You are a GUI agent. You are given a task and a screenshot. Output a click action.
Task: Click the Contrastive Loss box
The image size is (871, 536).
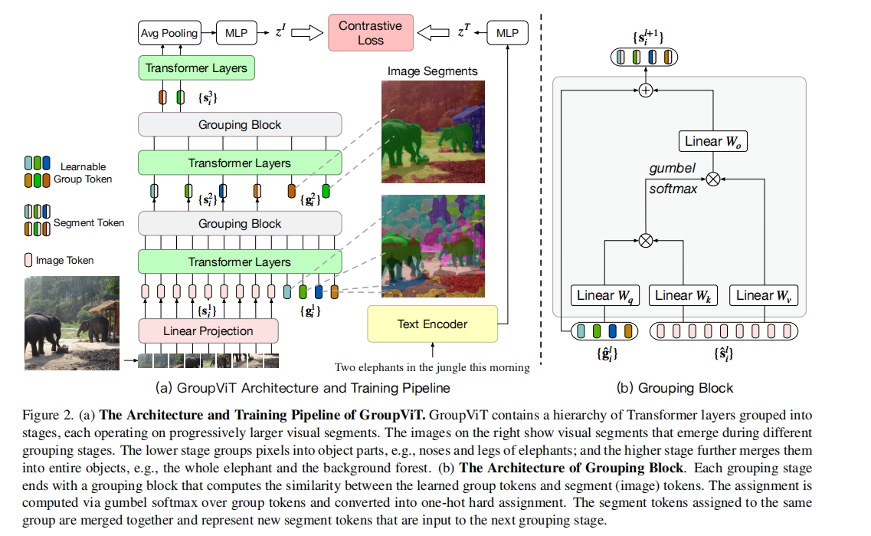point(371,32)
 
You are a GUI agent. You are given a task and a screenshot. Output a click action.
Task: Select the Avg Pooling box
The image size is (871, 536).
point(169,33)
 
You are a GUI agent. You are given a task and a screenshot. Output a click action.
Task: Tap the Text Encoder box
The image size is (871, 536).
point(432,324)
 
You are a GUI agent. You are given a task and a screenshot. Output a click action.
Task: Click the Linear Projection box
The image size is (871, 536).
point(208,331)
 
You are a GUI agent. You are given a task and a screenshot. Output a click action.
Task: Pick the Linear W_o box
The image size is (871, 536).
point(712,141)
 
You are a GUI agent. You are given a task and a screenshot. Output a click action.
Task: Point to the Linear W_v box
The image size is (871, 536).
point(763,295)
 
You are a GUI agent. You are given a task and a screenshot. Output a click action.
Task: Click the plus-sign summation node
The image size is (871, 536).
point(645,90)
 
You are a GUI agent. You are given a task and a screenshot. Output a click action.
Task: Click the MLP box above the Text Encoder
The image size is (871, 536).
point(507,33)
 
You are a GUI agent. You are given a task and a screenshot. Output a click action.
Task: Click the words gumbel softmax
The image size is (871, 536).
point(673,178)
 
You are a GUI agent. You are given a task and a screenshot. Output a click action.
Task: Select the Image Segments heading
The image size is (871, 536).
point(432,71)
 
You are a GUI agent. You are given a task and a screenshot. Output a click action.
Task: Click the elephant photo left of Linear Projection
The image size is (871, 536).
point(71,323)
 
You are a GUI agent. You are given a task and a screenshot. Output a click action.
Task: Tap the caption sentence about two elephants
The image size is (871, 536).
point(432,367)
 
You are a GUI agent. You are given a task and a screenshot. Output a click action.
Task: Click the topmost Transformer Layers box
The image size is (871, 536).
point(196,68)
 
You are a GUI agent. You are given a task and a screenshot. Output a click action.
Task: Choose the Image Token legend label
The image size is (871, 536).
point(64,261)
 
